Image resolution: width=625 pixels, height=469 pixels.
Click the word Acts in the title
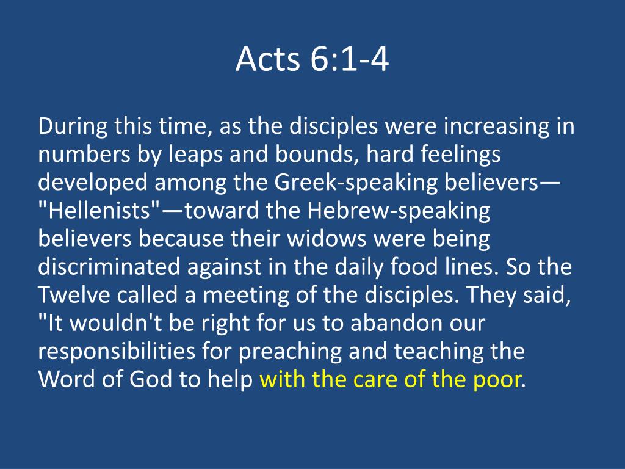pos(267,59)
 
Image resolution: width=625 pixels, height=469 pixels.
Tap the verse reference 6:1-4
pos(349,59)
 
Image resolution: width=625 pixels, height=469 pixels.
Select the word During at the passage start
pos(73,127)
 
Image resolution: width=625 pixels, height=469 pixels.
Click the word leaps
pos(195,155)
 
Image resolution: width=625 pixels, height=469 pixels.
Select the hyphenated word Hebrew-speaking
pos(399,211)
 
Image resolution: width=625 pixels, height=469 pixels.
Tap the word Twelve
pos(74,296)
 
